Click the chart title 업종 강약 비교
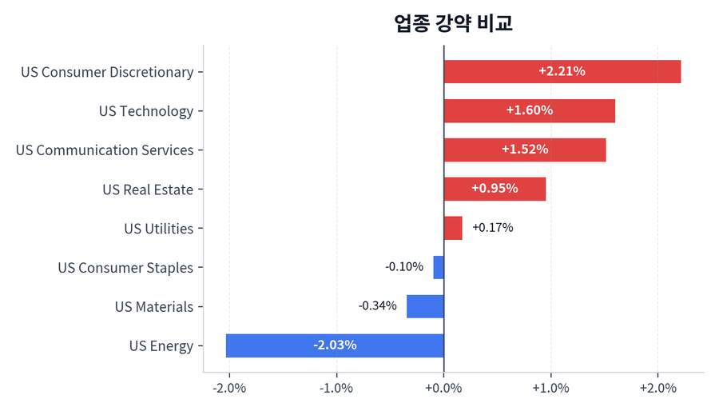click(453, 22)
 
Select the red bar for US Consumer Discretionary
click(562, 72)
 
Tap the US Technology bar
click(529, 111)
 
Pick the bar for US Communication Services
click(524, 150)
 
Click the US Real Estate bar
click(495, 190)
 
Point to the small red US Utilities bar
click(453, 229)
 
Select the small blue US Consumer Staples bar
click(439, 267)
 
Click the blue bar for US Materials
click(425, 306)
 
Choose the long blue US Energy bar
click(335, 345)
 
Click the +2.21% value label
click(562, 72)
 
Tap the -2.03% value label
click(335, 345)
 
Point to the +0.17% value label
click(492, 228)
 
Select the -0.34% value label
click(377, 306)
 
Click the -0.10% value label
click(404, 267)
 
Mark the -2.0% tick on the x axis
click(229, 389)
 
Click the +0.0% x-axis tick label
click(443, 389)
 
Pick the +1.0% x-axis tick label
click(550, 389)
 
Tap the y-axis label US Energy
click(161, 346)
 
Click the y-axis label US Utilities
click(158, 229)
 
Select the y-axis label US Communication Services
click(105, 150)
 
